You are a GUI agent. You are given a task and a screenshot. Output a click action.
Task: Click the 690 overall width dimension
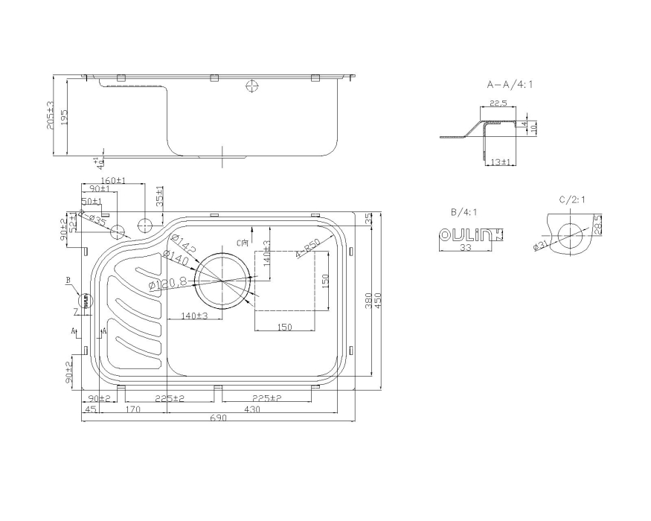[x=218, y=418]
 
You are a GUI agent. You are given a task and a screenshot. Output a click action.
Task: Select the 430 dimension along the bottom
[x=253, y=409]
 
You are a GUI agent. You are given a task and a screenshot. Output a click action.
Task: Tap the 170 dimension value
[x=134, y=409]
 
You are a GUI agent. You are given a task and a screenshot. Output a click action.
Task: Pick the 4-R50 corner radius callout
[x=307, y=248]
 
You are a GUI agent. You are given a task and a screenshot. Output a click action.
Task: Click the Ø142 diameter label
[x=182, y=243]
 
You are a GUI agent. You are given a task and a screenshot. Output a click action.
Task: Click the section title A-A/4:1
[x=510, y=85]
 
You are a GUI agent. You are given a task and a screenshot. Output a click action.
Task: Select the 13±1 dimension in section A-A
[x=501, y=162]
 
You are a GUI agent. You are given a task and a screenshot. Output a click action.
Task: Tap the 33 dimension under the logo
[x=466, y=247]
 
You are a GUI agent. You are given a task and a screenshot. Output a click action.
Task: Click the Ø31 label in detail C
[x=540, y=246]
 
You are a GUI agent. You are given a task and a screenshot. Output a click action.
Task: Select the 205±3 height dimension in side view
[x=51, y=116]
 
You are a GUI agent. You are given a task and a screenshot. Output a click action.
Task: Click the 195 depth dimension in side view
[x=64, y=118]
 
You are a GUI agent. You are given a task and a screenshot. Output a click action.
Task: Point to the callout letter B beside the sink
[x=68, y=281]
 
